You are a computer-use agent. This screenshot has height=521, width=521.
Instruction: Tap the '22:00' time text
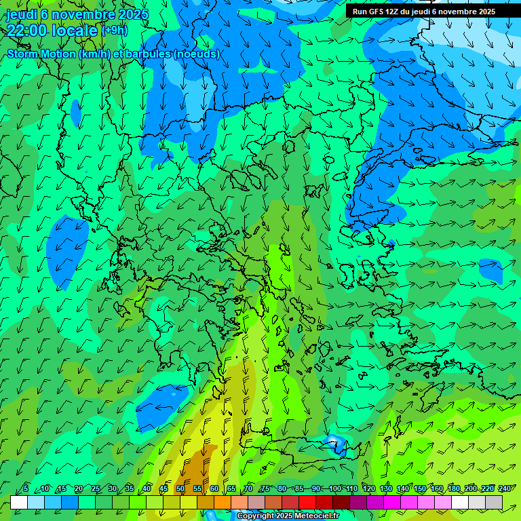coord(26,31)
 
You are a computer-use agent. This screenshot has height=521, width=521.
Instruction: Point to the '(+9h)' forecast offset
coord(114,30)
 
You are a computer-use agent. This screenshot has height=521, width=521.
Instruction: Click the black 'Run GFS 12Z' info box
coord(423,11)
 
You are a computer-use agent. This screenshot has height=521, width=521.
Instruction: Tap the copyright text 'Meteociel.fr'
coord(315,516)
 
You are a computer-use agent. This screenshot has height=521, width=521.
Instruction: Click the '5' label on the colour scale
coord(26,489)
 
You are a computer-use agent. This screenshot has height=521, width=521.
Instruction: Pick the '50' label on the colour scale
coord(180,489)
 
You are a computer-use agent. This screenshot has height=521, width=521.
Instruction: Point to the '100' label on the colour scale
coord(334,489)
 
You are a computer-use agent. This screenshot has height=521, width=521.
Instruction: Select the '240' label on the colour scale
coord(504,489)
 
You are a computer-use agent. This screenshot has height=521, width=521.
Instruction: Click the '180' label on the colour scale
coord(454,489)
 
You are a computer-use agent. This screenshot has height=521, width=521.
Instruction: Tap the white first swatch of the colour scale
coord(19,502)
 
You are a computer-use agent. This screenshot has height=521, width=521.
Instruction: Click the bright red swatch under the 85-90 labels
coord(307,502)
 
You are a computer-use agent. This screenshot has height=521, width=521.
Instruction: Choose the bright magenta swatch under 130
coord(392,502)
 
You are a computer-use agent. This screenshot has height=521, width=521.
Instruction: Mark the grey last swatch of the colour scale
coord(494,502)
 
